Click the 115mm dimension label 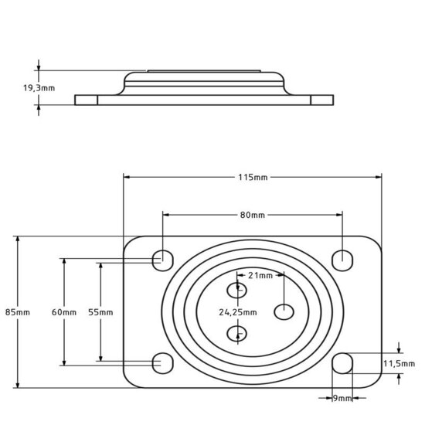(253, 178)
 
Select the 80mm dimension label (253, 214)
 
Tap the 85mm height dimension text (17, 312)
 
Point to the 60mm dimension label (64, 312)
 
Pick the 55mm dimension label (100, 312)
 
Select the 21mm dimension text (260, 275)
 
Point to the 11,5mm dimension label (399, 362)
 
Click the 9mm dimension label (342, 399)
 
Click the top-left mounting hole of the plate (162, 259)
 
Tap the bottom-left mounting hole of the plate (162, 362)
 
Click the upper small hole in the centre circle (237, 290)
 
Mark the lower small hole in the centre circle (237, 333)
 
